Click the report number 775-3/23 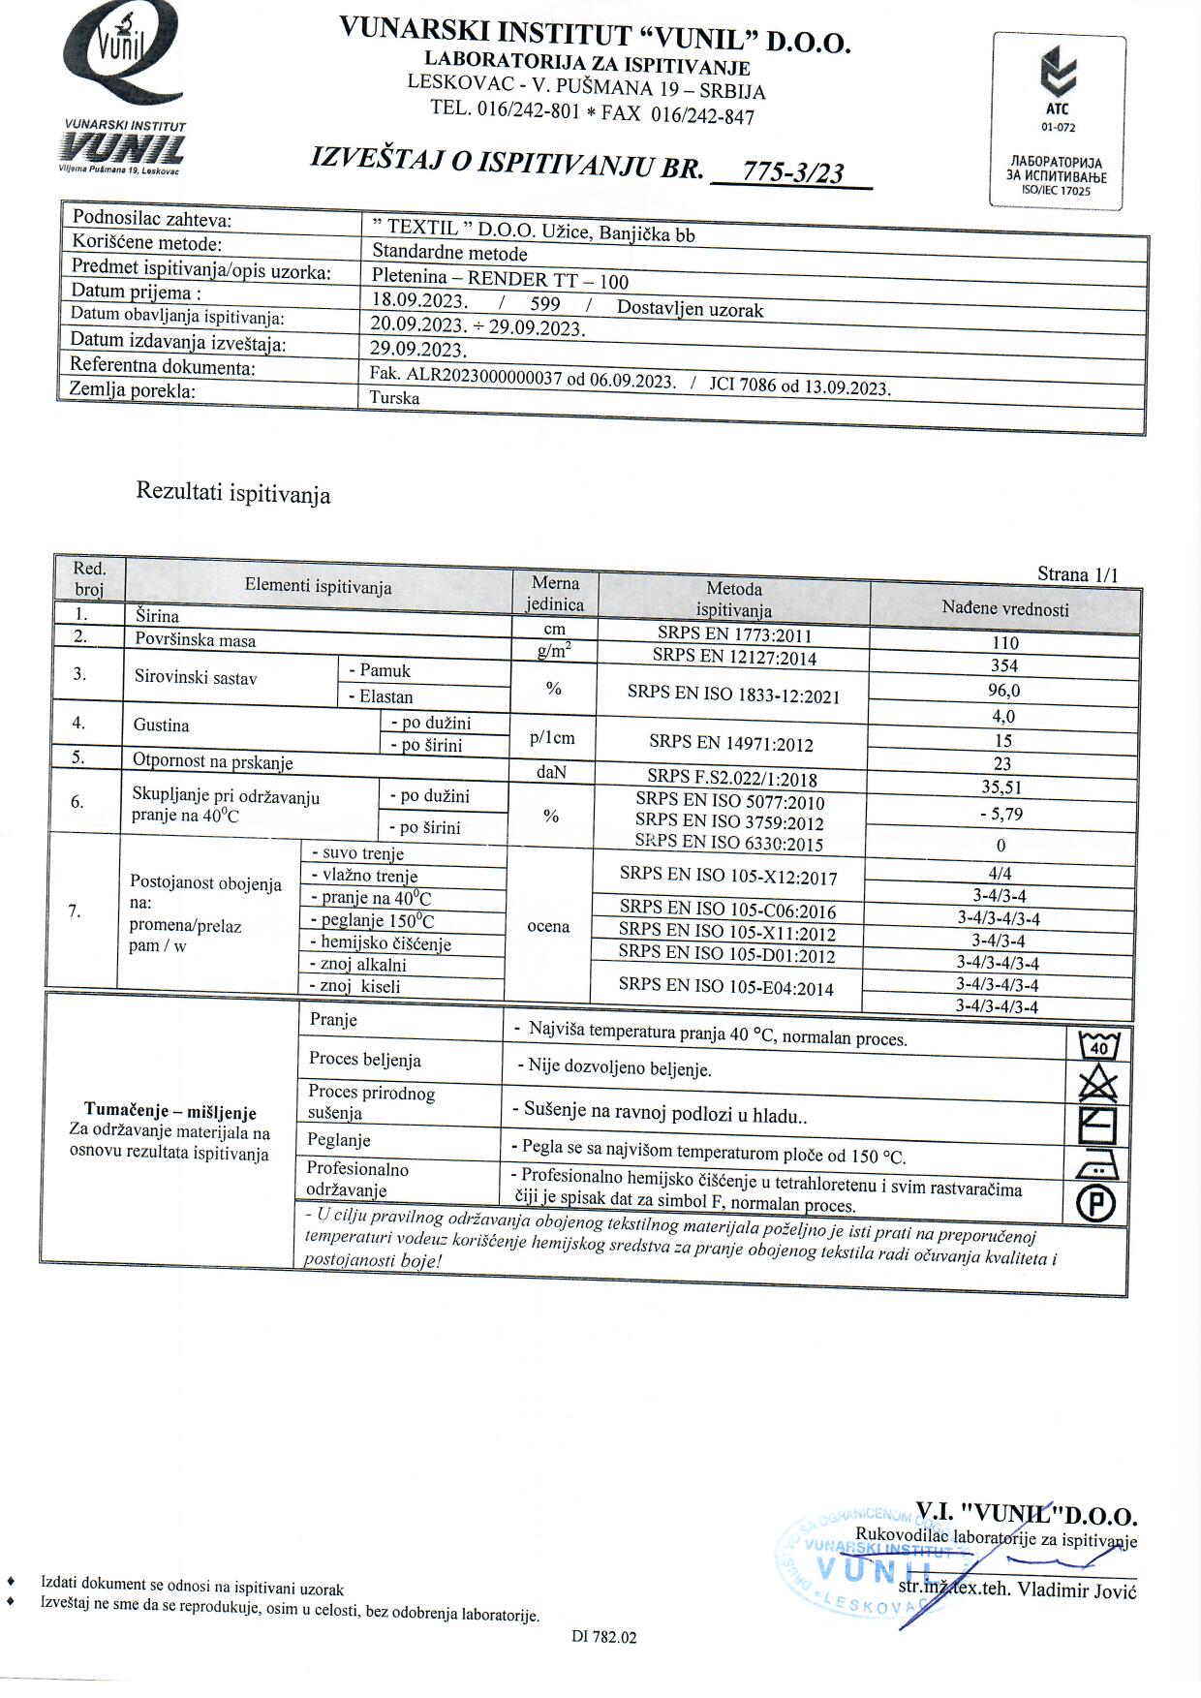[x=792, y=173]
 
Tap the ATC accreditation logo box [x=1058, y=121]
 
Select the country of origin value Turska [x=395, y=398]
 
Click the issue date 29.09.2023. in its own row [x=418, y=350]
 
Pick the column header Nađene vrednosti [x=1005, y=609]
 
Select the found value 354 [x=1004, y=665]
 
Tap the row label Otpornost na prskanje [x=213, y=762]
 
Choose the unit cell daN [x=551, y=772]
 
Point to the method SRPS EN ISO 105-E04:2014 [x=726, y=986]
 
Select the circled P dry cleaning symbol [x=1097, y=1204]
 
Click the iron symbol [x=1097, y=1165]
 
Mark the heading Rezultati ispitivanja [x=233, y=493]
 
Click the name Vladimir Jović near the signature [x=1076, y=1590]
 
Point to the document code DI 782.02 [x=604, y=1637]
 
